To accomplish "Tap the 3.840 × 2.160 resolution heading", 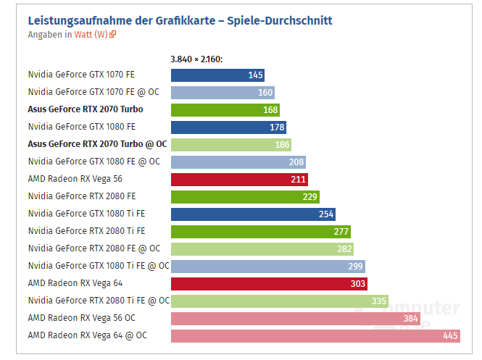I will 196,59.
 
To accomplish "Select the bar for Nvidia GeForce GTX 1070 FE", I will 217,75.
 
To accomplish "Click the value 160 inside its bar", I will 265,93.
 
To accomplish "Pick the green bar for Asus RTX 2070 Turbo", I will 225,109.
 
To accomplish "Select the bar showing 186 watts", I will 230,144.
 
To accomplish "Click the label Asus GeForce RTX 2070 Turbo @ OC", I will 97,144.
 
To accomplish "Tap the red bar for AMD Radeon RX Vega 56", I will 239,179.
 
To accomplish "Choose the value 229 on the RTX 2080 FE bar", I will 309,197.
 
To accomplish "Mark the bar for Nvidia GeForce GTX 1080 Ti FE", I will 253,214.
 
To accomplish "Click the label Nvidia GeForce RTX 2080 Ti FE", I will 86,231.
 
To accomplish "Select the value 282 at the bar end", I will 344,249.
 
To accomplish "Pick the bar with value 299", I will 267,266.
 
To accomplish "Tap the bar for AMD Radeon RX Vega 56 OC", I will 296,318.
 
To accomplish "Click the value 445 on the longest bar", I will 450,336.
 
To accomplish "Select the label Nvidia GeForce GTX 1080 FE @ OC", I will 94,162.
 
